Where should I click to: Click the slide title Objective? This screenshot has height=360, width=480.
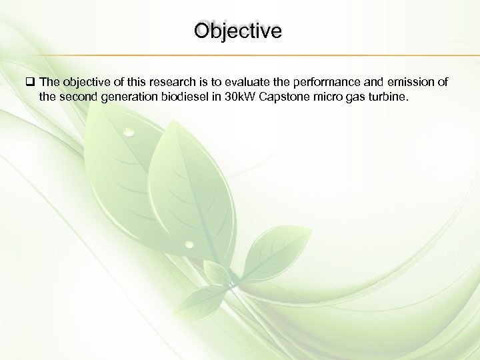coord(238,31)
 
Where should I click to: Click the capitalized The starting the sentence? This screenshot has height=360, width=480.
coord(49,82)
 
